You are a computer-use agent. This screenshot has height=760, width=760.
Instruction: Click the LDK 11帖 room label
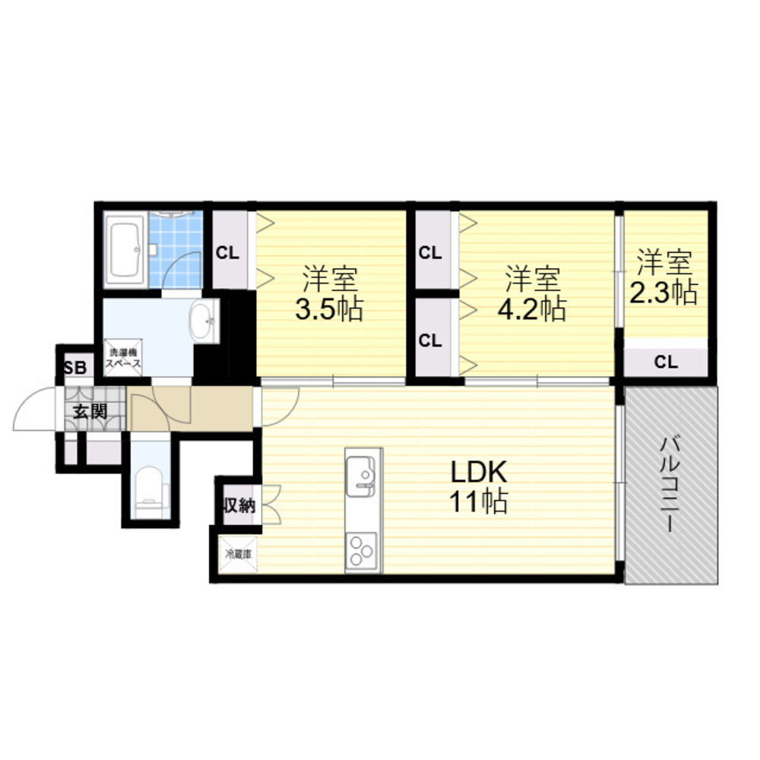tap(479, 486)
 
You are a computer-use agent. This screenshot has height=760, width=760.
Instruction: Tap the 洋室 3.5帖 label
tap(330, 293)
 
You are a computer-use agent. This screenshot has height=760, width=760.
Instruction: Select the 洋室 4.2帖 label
tap(532, 293)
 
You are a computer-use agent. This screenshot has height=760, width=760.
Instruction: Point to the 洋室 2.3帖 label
tap(663, 277)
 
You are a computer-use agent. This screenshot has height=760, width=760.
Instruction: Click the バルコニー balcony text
tap(670, 484)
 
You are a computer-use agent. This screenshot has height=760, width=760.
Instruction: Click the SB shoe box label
tap(75, 367)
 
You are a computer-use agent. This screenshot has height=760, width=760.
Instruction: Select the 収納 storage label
tap(239, 505)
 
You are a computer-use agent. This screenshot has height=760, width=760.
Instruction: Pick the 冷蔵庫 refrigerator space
tap(238, 553)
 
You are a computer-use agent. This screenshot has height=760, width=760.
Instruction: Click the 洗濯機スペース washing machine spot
tap(123, 358)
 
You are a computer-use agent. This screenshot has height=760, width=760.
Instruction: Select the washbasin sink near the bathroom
tap(204, 321)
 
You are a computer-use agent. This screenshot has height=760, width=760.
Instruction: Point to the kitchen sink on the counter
tap(360, 476)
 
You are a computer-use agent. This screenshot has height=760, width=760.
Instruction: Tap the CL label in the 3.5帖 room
tap(227, 252)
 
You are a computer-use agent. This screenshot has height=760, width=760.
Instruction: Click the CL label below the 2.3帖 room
tap(666, 362)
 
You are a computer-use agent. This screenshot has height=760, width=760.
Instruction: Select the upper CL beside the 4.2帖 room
tap(430, 252)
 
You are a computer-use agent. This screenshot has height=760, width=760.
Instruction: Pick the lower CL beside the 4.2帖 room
tap(430, 340)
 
